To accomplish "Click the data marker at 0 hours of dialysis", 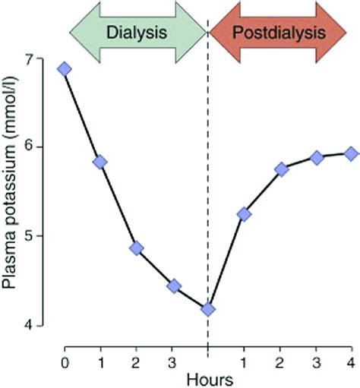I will click(65, 69).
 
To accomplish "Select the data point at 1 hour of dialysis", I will click(99, 162).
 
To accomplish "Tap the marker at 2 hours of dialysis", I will click(136, 248).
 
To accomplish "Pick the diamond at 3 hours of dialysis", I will click(173, 286).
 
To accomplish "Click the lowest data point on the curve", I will click(208, 309).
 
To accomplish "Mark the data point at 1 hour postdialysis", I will click(244, 214).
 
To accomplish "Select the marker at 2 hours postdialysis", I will click(281, 169).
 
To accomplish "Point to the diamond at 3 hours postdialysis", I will click(316, 158).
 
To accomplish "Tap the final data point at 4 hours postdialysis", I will click(351, 153).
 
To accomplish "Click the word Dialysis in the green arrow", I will click(137, 33).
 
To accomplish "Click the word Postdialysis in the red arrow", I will click(279, 33).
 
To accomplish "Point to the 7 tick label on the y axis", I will click(48, 59).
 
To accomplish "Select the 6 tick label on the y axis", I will click(48, 147).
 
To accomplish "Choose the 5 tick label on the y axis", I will click(48, 236).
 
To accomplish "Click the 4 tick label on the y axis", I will click(48, 325).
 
